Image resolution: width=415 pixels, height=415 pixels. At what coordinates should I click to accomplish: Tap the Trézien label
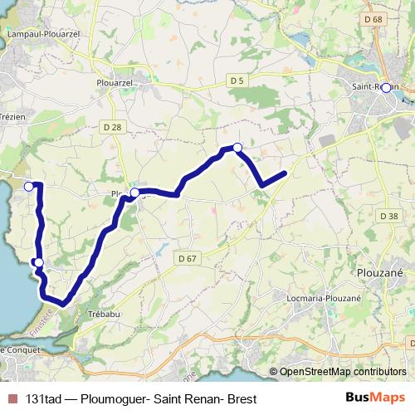(x=13, y=117)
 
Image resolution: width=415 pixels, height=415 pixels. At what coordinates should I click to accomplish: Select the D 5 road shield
(x=237, y=80)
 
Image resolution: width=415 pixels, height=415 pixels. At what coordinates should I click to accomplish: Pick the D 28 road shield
(x=114, y=126)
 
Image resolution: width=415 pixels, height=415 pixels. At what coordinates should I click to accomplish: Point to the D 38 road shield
(x=388, y=216)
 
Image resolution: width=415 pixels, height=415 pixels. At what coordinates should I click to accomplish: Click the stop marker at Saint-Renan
(x=386, y=87)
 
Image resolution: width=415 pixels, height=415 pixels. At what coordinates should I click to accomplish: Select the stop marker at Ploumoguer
(x=134, y=192)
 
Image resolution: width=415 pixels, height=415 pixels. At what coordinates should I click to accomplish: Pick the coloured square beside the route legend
(x=12, y=398)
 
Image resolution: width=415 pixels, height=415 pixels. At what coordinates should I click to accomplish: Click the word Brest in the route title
(x=242, y=398)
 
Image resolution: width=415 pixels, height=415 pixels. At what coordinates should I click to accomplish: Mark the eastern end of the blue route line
(x=284, y=173)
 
